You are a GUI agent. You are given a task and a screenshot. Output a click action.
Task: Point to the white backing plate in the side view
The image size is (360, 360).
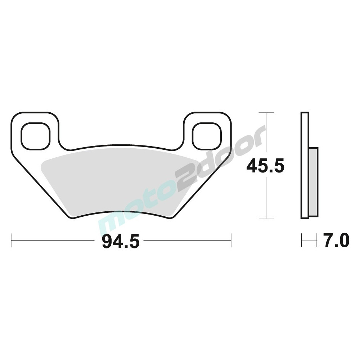point(305,166)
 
